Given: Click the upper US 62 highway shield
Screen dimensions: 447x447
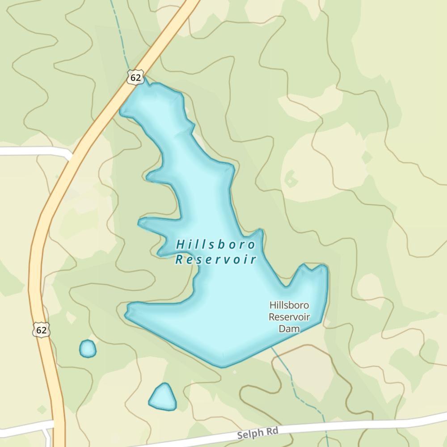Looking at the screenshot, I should tap(135, 77).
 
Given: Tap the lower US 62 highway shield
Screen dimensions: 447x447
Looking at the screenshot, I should tap(41, 330).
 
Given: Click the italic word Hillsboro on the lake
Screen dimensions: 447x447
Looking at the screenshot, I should tap(216, 245).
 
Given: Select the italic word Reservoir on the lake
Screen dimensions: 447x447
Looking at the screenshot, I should tap(216, 260).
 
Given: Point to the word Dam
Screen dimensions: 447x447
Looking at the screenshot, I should tap(289, 329).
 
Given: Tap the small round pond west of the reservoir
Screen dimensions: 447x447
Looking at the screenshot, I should tap(88, 349).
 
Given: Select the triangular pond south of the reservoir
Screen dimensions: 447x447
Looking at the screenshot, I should tap(163, 397).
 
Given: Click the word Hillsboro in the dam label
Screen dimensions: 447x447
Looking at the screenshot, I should tap(289, 306).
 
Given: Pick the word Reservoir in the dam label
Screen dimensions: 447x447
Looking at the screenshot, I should tap(289, 317).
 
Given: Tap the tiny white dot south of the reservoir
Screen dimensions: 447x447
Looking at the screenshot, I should tap(235, 372).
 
